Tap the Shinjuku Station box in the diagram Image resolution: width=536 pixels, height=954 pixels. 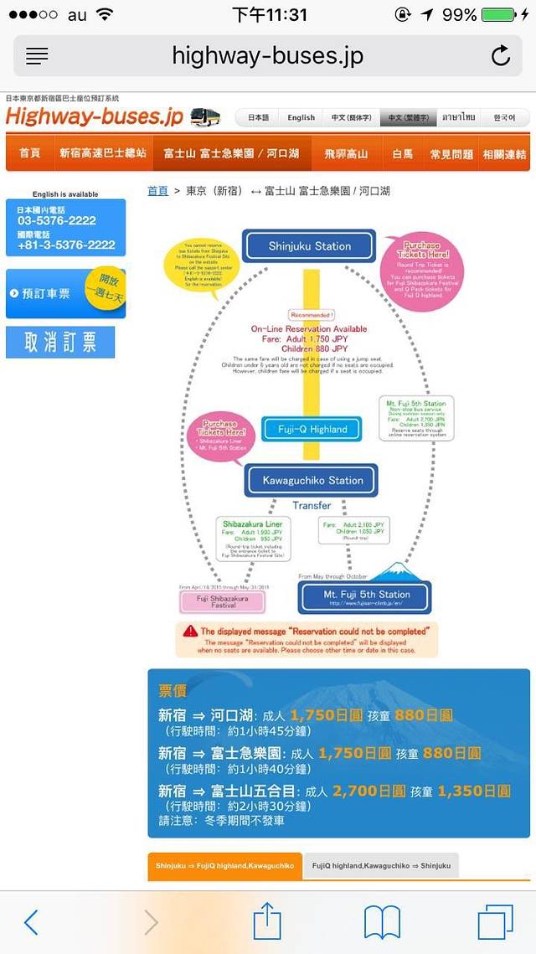[309, 246]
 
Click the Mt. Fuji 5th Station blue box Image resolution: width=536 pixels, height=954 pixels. [366, 596]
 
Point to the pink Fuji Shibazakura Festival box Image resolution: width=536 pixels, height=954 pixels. [222, 601]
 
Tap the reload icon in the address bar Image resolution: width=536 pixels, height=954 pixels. [500, 56]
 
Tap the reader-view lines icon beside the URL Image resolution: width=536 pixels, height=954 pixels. [38, 56]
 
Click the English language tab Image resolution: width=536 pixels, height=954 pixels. [301, 118]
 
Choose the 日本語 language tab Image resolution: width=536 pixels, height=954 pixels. [259, 118]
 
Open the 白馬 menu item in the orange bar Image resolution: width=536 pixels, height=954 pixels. [403, 153]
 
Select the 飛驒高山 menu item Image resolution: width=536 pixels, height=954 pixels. [346, 153]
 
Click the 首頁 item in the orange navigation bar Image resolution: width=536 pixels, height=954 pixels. [30, 153]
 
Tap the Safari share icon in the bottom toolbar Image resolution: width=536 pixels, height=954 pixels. [267, 921]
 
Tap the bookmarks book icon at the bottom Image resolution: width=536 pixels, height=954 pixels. [382, 921]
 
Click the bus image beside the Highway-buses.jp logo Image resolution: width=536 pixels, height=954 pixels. [206, 117]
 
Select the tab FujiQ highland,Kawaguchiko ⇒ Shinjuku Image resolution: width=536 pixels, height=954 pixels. [380, 865]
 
